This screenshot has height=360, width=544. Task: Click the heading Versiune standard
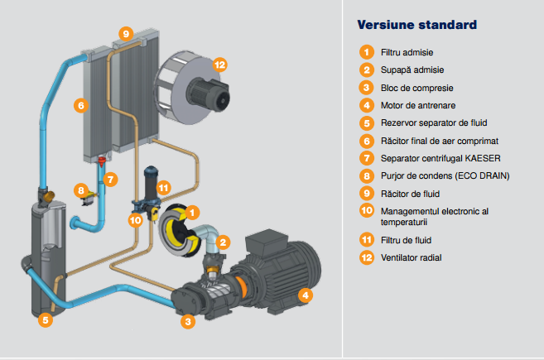[416, 24]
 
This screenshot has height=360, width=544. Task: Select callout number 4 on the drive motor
[305, 295]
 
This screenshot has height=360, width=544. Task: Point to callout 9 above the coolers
[125, 33]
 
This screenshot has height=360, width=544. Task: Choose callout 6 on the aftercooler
[79, 106]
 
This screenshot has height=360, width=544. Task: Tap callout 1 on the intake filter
[192, 213]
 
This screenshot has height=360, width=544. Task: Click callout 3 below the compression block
[188, 321]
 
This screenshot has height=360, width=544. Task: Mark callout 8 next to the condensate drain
[80, 190]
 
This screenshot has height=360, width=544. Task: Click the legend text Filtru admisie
[408, 53]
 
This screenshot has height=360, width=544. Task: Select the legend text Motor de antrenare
[421, 105]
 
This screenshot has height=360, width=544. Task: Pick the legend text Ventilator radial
[411, 257]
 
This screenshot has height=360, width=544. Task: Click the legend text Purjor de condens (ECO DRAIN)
[445, 175]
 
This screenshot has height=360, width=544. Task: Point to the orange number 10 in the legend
[366, 211]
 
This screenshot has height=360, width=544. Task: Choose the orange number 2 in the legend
[366, 70]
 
